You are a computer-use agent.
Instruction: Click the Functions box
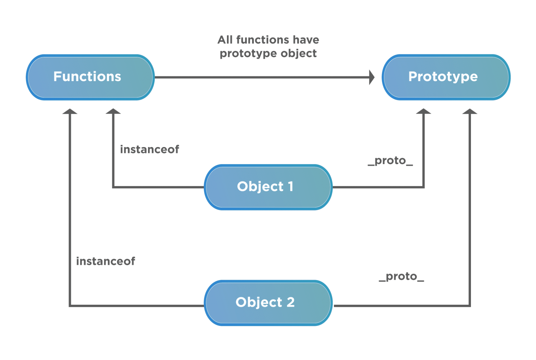[90, 77]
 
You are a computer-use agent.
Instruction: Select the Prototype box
[446, 77]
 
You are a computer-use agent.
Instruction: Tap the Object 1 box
[268, 187]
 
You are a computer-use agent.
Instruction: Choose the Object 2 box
[268, 303]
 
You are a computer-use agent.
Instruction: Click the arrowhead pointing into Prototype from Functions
[372, 77]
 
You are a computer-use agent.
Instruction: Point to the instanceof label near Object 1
[149, 149]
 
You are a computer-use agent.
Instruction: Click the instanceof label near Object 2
[106, 261]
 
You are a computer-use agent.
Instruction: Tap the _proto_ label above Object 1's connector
[390, 161]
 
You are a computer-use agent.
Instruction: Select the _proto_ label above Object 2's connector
[401, 277]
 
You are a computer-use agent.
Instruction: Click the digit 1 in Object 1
[290, 187]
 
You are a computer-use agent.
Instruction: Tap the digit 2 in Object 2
[290, 302]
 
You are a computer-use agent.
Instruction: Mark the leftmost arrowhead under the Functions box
[70, 112]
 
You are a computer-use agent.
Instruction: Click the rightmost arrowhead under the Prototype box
[470, 112]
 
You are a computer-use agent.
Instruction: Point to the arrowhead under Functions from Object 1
[113, 112]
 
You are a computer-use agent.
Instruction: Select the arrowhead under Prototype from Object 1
[423, 112]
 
